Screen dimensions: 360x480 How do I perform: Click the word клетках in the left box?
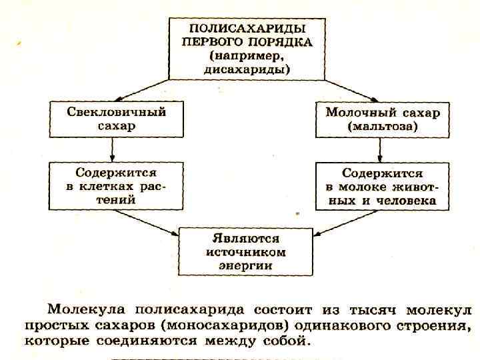tap(115, 186)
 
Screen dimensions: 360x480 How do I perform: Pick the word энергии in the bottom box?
tap(246, 265)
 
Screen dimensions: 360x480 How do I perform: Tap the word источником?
tap(246, 252)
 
